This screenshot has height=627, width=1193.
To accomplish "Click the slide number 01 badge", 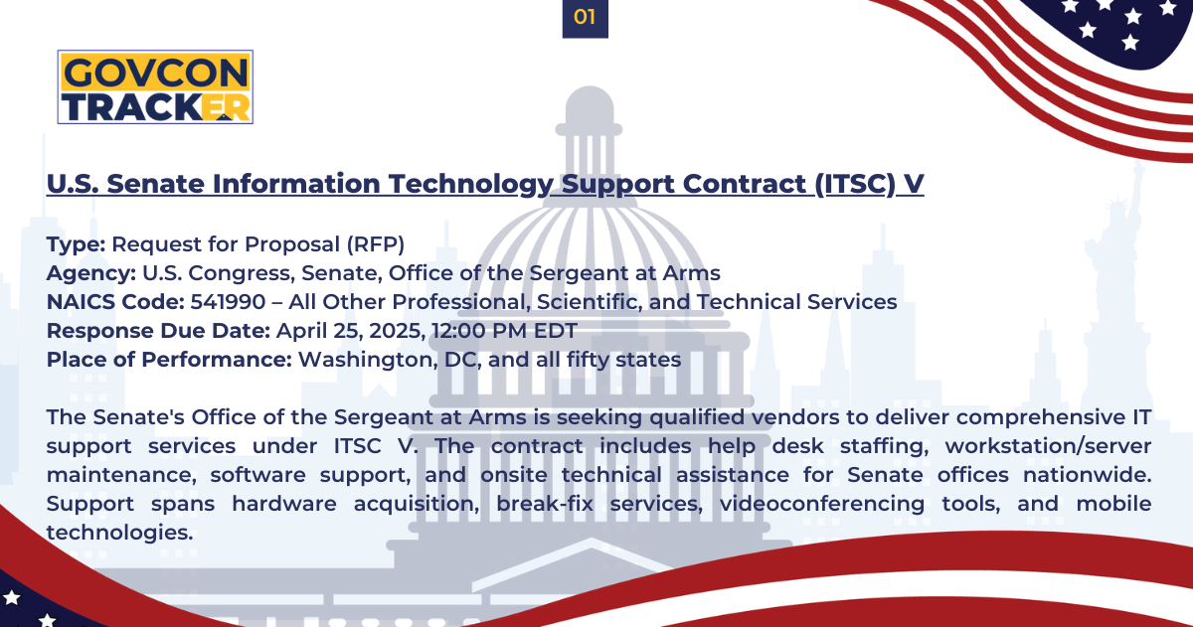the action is [x=585, y=18].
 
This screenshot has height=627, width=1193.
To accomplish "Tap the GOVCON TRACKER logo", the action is [x=155, y=86].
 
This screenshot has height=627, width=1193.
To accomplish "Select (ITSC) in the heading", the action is [x=855, y=184].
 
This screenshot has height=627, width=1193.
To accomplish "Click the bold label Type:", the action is [x=77, y=244].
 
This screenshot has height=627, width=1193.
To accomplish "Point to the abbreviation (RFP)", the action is [x=376, y=244].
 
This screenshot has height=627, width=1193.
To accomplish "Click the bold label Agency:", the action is [x=91, y=273].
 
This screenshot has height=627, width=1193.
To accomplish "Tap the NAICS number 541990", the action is [x=228, y=302].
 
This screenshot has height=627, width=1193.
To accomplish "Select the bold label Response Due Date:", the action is [x=158, y=331].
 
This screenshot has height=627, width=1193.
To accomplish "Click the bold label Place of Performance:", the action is [x=169, y=360].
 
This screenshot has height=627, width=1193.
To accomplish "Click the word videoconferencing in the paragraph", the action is [x=822, y=504].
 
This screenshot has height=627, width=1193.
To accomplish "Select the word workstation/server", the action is [x=1048, y=445].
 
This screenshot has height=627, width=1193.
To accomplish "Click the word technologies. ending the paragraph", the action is [x=120, y=533].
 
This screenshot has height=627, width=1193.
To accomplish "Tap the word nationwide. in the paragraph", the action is [x=1087, y=474].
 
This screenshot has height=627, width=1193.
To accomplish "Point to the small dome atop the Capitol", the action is [x=589, y=105].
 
